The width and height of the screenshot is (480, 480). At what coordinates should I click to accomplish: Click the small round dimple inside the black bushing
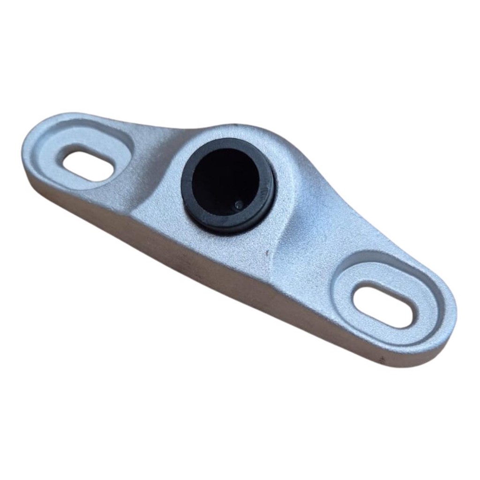click(x=238, y=205)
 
